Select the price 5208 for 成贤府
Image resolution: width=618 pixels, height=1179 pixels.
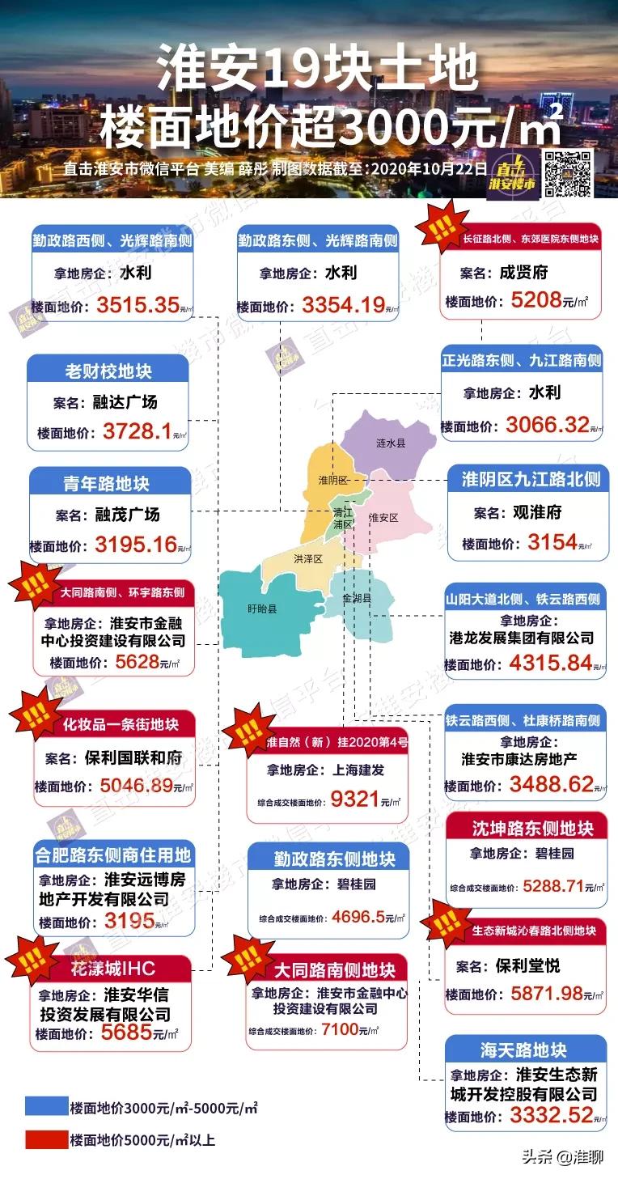(x=536, y=300)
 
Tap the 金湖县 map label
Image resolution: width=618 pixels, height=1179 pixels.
(x=357, y=599)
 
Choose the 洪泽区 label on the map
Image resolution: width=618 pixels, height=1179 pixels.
(x=307, y=559)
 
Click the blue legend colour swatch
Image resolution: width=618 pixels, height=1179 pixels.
(x=45, y=1107)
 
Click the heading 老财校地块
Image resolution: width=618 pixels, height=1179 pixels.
(x=108, y=371)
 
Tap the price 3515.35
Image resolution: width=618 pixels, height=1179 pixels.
(x=137, y=306)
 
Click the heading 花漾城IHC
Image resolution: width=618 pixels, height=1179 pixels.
(x=112, y=968)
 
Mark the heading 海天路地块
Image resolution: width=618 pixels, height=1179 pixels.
(x=523, y=1050)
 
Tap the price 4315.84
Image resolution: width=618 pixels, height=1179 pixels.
(x=551, y=664)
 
